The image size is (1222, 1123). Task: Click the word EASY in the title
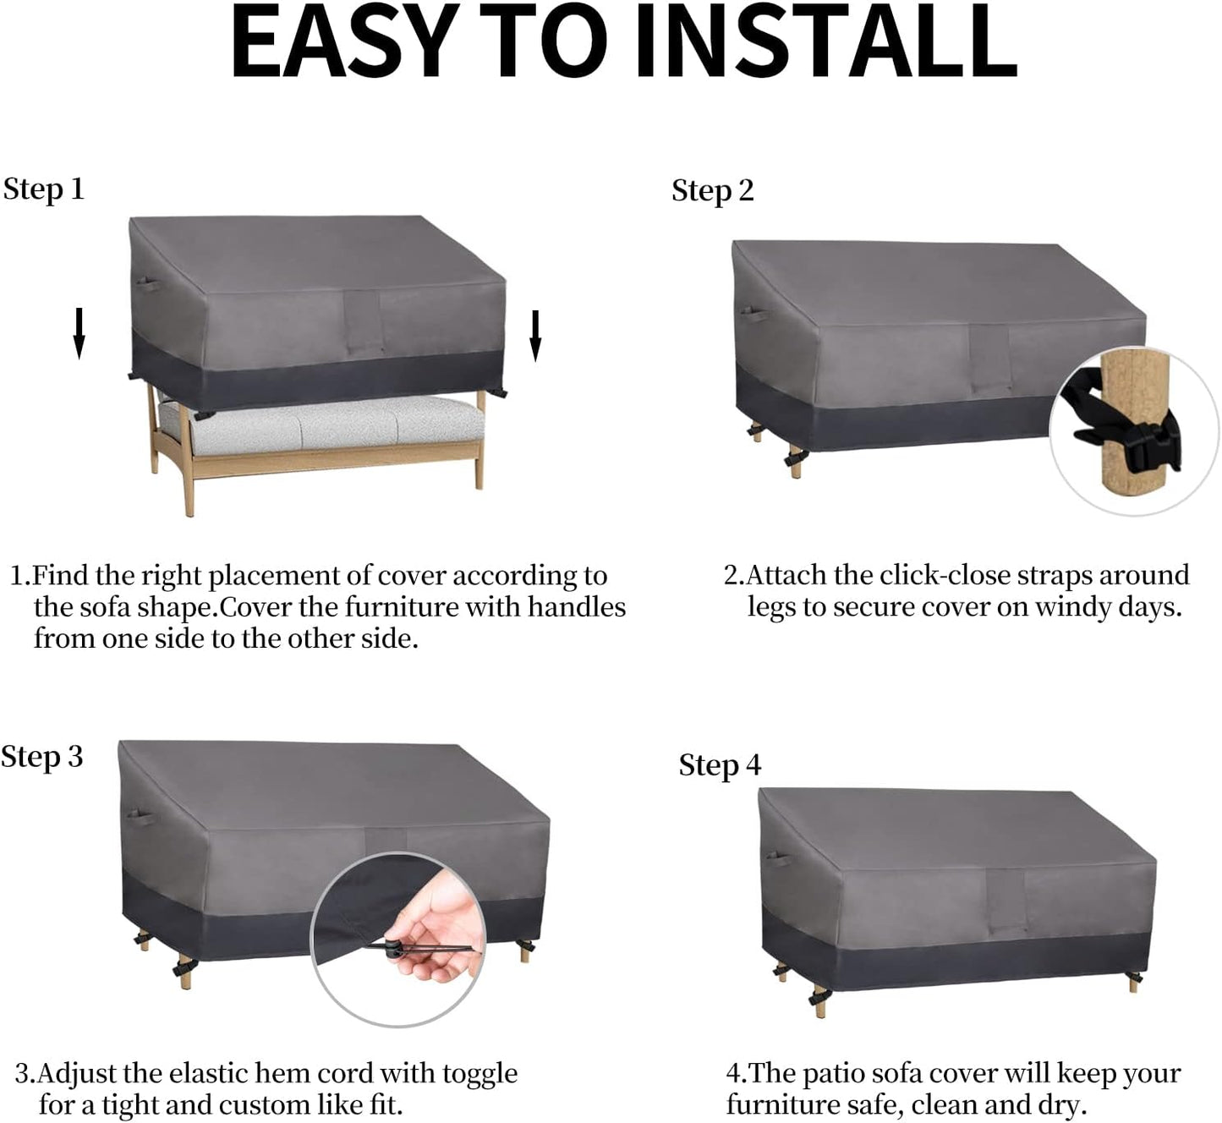click(x=345, y=41)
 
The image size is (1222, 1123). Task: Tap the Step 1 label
click(x=43, y=189)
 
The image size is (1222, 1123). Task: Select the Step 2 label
click(x=713, y=191)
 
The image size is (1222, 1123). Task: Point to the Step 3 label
click(x=41, y=758)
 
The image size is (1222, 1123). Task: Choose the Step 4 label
click(x=720, y=765)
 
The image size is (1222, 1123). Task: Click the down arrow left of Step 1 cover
click(x=79, y=333)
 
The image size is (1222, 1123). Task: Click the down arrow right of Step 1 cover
click(x=535, y=336)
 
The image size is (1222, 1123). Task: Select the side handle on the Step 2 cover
click(x=754, y=316)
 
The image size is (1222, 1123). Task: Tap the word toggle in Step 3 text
click(x=480, y=1074)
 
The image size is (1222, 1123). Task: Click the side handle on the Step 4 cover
click(x=779, y=859)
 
